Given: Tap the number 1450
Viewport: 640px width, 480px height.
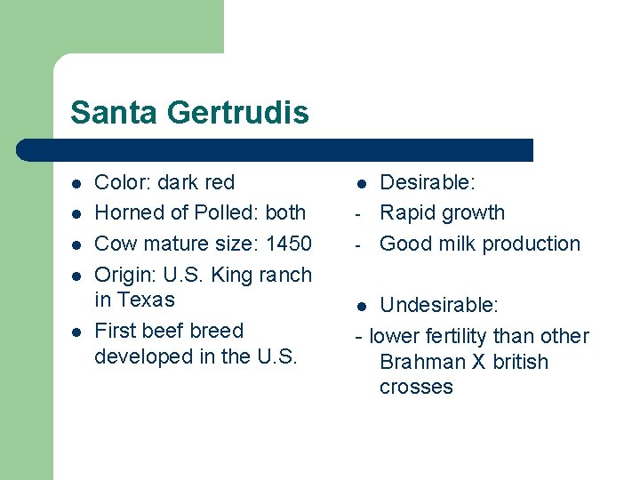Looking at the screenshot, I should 288,244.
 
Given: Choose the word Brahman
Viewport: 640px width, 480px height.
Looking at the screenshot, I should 421,363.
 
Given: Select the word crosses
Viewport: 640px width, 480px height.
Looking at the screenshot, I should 416,388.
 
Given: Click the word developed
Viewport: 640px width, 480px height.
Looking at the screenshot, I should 139,356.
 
